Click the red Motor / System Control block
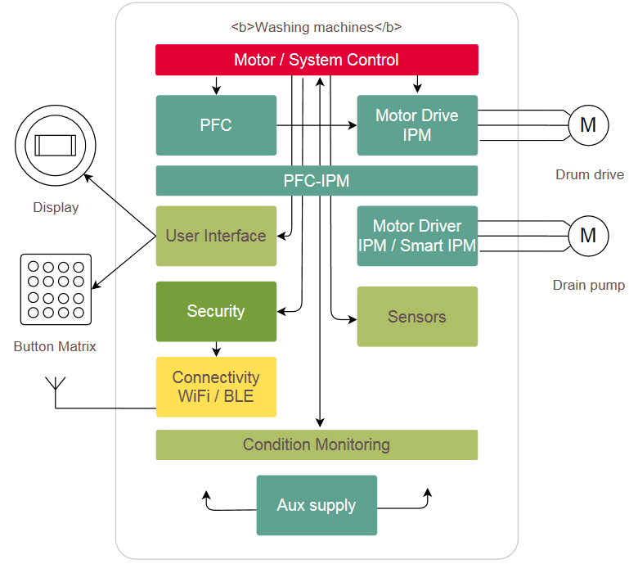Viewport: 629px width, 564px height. click(317, 60)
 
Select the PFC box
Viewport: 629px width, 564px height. click(216, 125)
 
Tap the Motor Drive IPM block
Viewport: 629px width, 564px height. click(417, 125)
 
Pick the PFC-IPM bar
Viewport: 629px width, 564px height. click(317, 181)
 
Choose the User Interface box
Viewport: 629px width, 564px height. click(216, 236)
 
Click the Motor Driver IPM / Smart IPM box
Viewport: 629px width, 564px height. click(417, 236)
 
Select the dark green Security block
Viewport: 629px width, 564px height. click(216, 311)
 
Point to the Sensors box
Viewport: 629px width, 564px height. click(417, 317)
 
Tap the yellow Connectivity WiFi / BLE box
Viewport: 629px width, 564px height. click(216, 387)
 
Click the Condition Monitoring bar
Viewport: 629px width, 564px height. click(317, 444)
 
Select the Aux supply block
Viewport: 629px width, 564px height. click(317, 505)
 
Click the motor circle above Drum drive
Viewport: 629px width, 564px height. click(588, 125)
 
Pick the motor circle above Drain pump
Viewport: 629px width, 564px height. click(588, 236)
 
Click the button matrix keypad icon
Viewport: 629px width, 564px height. click(55, 289)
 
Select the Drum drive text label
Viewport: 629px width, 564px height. click(589, 174)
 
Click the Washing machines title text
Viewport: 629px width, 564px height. click(317, 27)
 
